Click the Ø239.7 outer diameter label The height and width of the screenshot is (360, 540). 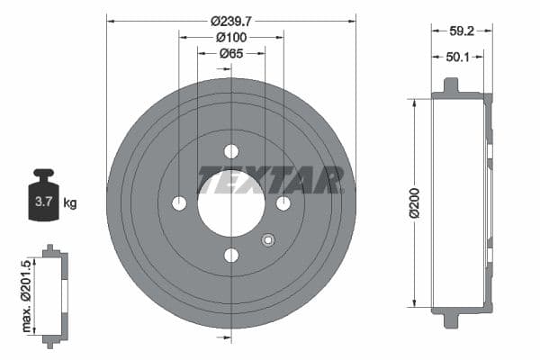[231, 20]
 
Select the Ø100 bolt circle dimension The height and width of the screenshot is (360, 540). [231, 37]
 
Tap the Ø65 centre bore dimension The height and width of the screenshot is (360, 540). [231, 54]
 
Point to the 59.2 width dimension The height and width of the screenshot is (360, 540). [462, 30]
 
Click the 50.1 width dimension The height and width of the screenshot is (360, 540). [458, 57]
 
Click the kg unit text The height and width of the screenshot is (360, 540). [70, 203]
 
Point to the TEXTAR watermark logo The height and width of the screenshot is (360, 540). [271, 180]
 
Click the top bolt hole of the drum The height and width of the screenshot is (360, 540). [231, 151]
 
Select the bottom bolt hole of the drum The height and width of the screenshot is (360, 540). [231, 256]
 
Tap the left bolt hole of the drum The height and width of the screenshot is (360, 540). [179, 203]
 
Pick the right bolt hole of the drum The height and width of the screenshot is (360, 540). [283, 203]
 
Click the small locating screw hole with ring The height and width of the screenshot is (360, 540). [267, 239]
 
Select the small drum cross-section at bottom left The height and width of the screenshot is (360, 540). [54, 294]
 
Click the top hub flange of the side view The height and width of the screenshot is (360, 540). [450, 87]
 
